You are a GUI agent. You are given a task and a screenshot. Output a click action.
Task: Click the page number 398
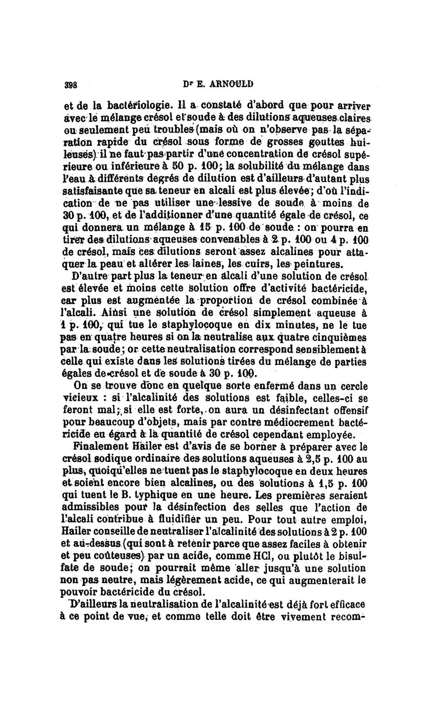71,85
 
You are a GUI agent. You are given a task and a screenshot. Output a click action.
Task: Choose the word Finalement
99,447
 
